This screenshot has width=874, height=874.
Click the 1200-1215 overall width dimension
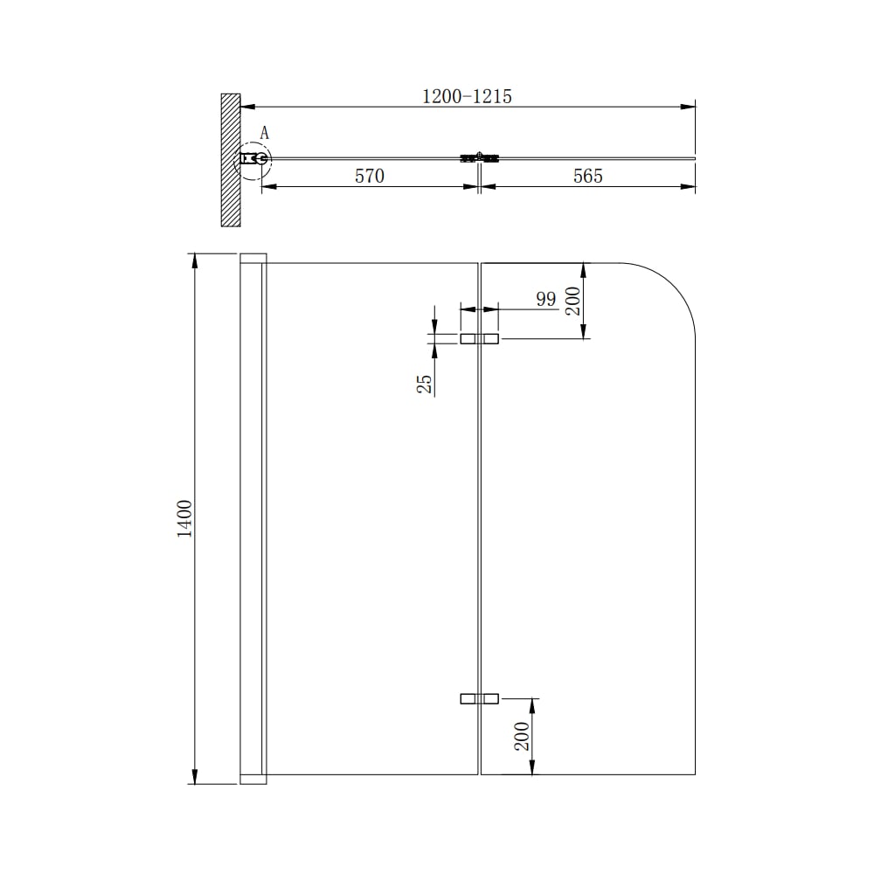pos(467,96)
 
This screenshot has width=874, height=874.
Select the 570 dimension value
pos(370,177)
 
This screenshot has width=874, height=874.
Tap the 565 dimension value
pos(588,177)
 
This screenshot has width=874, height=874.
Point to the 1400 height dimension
pos(184,518)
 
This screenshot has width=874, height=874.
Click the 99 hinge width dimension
pos(546,299)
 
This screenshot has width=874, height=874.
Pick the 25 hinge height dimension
pos(425,384)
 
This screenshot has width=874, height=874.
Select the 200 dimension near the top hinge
pos(573,301)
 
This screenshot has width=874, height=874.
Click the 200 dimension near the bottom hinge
pos(522,736)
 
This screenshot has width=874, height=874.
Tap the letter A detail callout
pos(265,133)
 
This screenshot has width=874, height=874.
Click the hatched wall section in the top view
pos(231,160)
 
